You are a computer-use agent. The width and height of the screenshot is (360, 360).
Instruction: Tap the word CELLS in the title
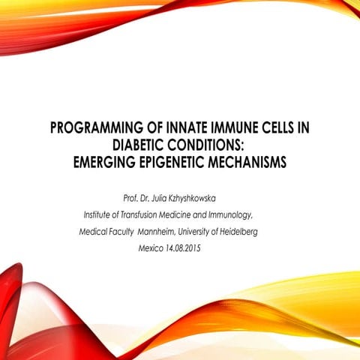click(x=272, y=128)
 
